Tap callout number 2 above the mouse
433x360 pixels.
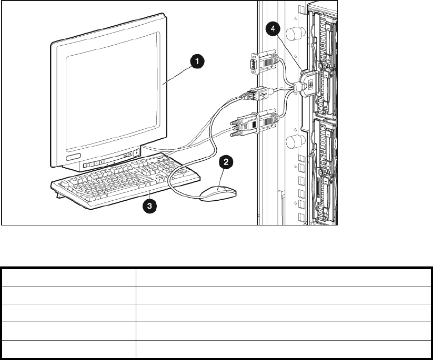pos(226,162)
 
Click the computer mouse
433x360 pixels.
pos(217,192)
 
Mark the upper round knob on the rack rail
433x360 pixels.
pos(297,34)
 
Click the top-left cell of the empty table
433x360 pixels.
pos(68,277)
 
